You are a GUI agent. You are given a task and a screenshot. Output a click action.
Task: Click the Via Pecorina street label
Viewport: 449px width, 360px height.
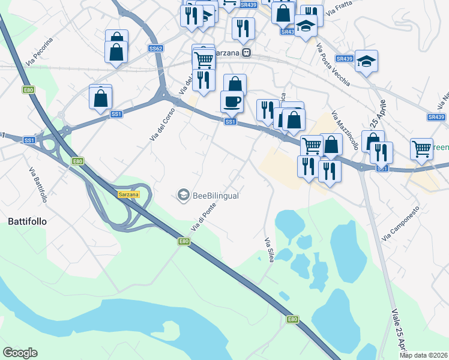pyautogui.click(x=40, y=52)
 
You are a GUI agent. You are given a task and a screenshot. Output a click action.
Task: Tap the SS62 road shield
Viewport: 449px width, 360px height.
pyautogui.click(x=155, y=49)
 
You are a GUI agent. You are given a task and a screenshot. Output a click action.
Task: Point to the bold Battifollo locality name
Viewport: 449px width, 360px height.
pyautogui.click(x=27, y=221)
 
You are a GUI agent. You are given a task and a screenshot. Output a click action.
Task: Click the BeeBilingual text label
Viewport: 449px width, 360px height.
pyautogui.click(x=215, y=195)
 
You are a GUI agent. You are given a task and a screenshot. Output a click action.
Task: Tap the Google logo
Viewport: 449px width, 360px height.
pyautogui.click(x=20, y=353)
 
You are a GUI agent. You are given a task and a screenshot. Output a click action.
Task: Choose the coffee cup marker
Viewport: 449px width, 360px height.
pyautogui.click(x=232, y=101)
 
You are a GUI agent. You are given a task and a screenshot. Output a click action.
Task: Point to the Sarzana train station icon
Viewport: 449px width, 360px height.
pyautogui.click(x=246, y=53)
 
